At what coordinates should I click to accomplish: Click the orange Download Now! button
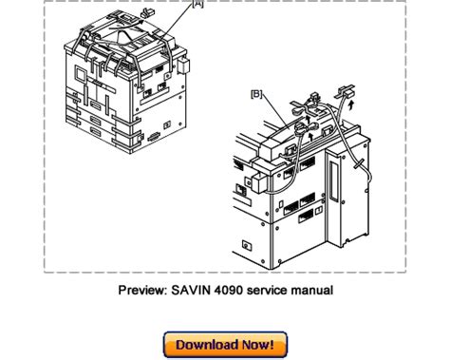[x=225, y=345]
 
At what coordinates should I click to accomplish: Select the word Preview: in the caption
[x=143, y=290]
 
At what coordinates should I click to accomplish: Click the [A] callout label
[x=197, y=4]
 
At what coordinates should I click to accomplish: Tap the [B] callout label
[x=256, y=94]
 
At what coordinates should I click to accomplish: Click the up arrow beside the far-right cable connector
[x=350, y=105]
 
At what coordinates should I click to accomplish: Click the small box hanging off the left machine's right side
[x=183, y=66]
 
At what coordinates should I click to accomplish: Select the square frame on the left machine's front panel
[x=80, y=74]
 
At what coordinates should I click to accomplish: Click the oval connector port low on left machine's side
[x=154, y=137]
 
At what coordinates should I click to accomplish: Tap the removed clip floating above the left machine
[x=148, y=13]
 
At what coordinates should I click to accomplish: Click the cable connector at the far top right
[x=345, y=92]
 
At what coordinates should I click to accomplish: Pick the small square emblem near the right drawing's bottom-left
[x=247, y=245]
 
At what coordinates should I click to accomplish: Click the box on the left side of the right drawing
[x=259, y=181]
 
